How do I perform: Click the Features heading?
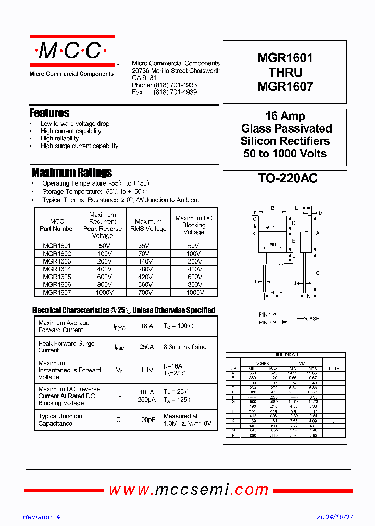click(49, 113)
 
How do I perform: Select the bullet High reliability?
click(59, 139)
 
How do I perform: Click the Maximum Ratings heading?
click(71, 173)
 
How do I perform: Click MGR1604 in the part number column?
click(57, 269)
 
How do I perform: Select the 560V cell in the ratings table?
click(148, 285)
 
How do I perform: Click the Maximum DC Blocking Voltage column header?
click(194, 225)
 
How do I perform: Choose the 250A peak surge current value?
click(147, 347)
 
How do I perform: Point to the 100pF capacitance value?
click(147, 420)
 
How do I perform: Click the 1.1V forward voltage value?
click(147, 370)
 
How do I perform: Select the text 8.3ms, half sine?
click(185, 347)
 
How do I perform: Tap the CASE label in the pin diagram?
click(312, 319)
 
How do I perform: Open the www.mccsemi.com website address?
click(189, 490)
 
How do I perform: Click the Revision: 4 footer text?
click(42, 517)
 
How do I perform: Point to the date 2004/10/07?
click(335, 517)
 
